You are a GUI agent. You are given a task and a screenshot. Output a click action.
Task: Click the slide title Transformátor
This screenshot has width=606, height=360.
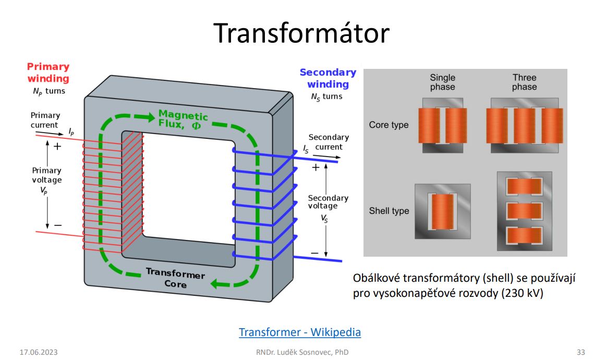[301, 33]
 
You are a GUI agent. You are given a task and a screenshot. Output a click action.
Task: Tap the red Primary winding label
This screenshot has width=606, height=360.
[48, 73]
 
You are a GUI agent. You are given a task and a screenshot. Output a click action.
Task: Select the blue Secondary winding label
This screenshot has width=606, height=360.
[328, 78]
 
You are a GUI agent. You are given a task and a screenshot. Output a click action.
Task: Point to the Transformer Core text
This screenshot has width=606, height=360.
[175, 278]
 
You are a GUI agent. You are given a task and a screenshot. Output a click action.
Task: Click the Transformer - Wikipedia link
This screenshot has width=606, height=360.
[300, 332]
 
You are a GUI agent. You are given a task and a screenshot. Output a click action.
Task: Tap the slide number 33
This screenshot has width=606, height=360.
[581, 352]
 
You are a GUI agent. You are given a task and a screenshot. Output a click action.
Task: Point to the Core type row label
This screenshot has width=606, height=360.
[389, 125]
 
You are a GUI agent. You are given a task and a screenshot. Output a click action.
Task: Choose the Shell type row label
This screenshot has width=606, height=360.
[389, 211]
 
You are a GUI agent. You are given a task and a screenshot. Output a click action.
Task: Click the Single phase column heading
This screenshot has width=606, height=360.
[442, 82]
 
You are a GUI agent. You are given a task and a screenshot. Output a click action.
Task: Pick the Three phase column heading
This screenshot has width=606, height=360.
[524, 82]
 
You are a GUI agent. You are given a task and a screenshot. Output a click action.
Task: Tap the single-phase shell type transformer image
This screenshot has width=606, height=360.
[442, 211]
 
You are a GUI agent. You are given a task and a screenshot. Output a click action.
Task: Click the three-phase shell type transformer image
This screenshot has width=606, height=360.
[524, 211]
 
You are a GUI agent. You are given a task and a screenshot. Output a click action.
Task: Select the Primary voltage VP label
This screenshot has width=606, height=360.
[46, 180]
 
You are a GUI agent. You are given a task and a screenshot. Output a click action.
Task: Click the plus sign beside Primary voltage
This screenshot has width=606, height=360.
[57, 147]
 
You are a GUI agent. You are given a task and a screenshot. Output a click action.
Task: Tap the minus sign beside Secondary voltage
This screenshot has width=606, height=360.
[314, 253]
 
